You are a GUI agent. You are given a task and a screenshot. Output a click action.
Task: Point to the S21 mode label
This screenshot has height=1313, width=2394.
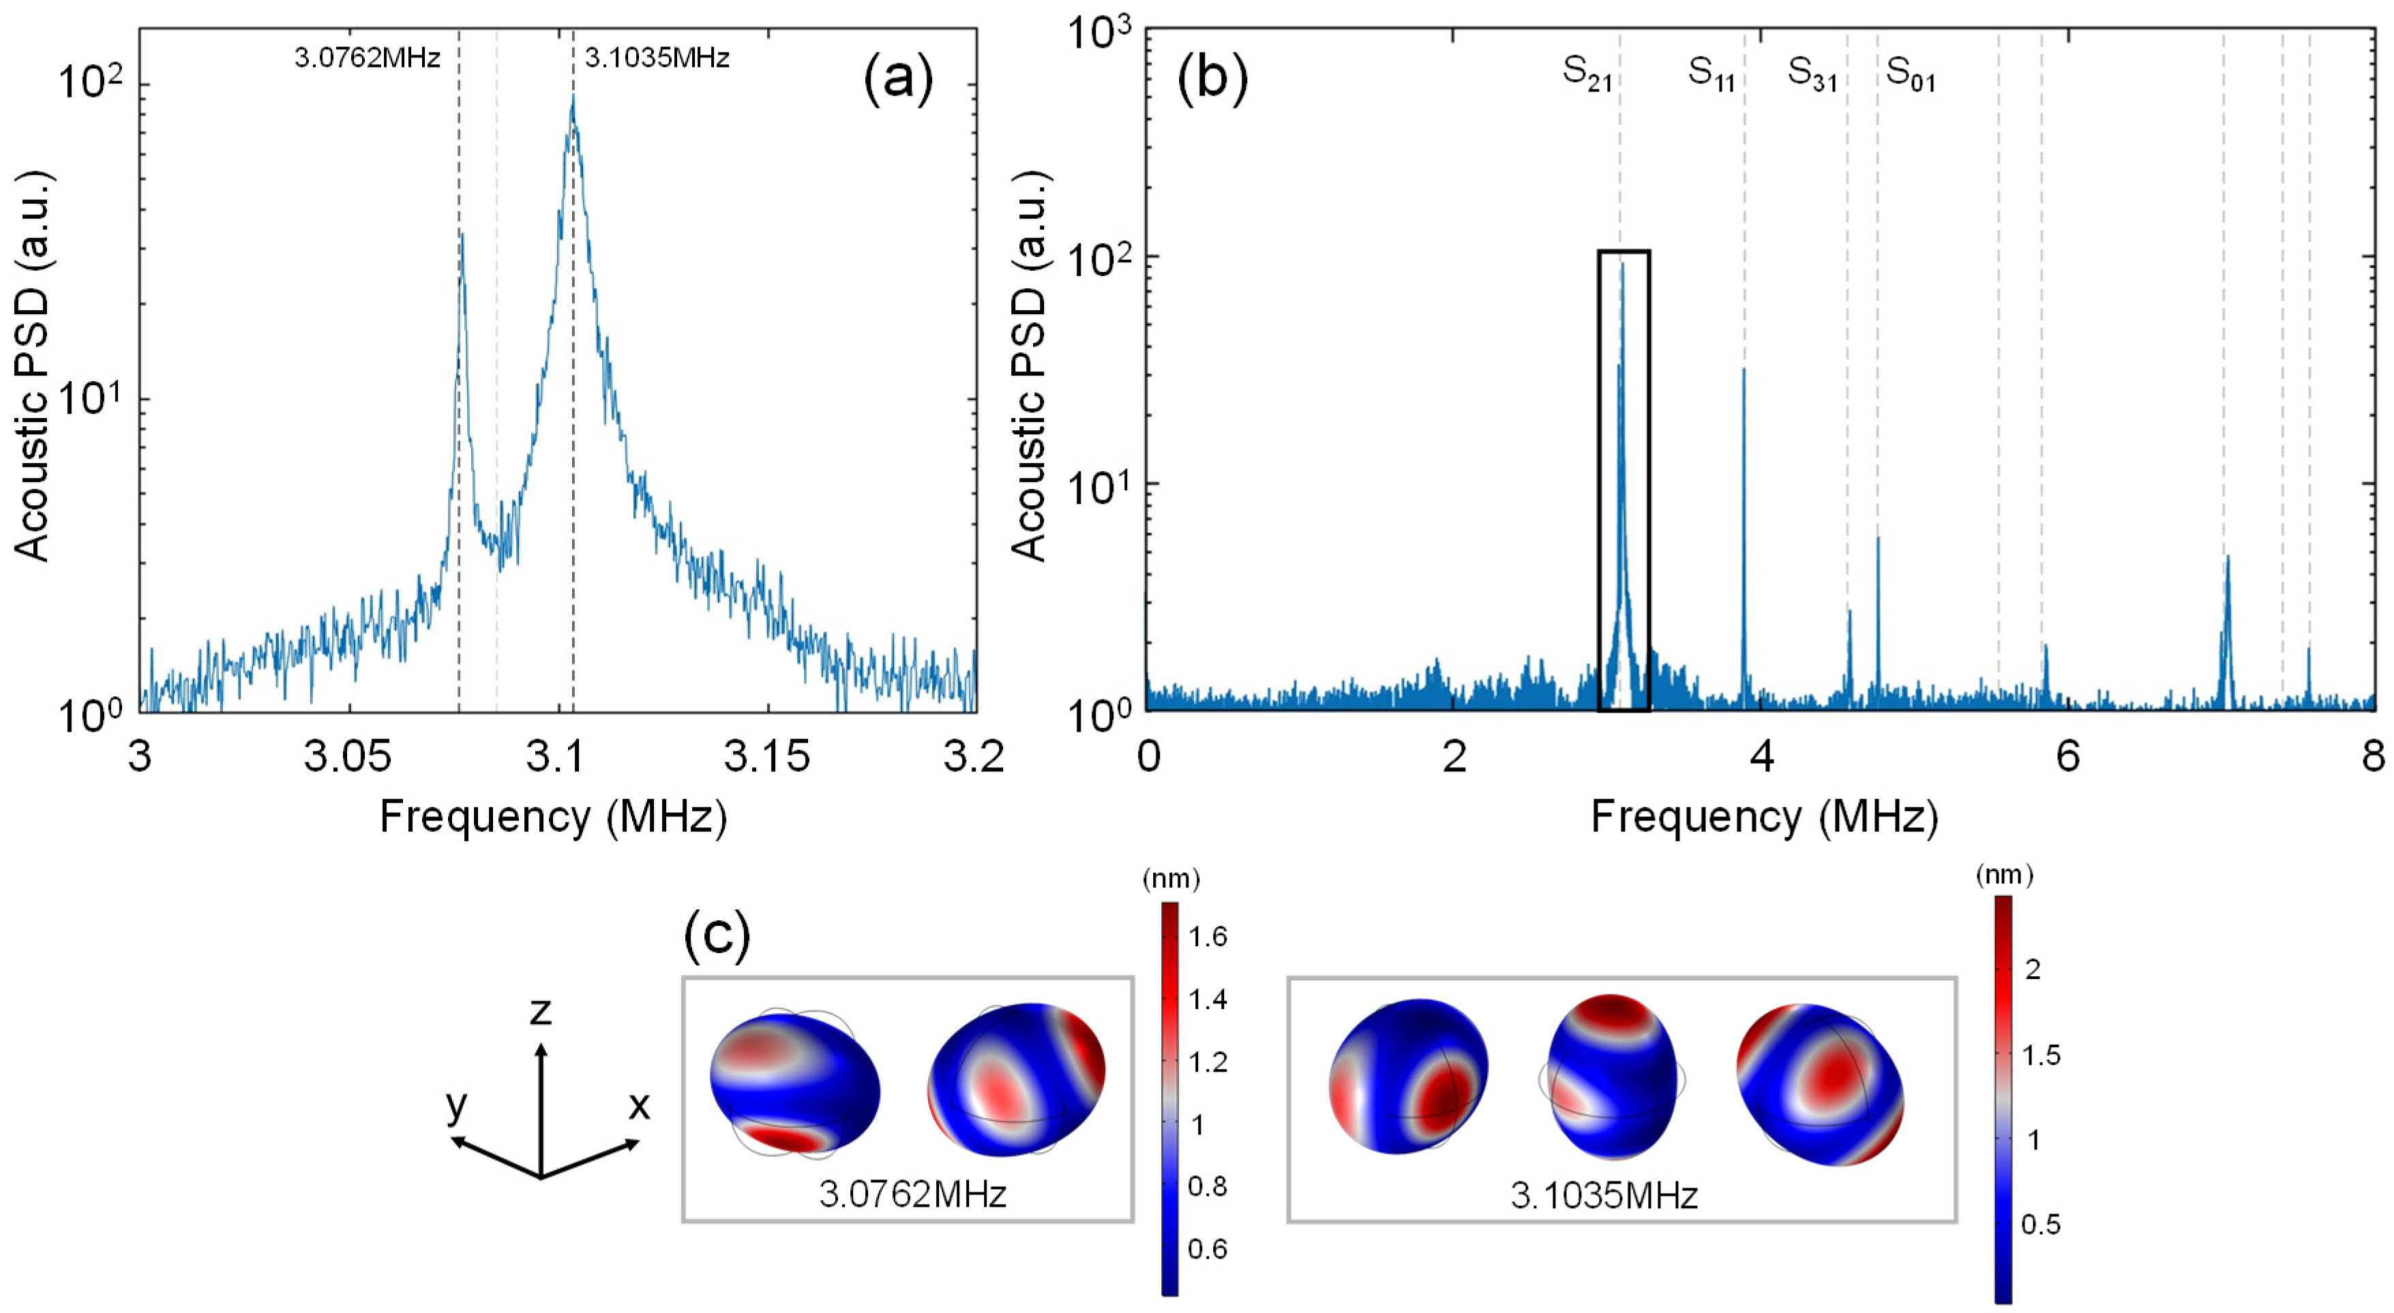1587,74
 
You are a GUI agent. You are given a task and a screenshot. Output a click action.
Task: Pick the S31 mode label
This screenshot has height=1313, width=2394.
1813,74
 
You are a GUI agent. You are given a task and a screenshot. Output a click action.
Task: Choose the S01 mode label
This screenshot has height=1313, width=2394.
1911,74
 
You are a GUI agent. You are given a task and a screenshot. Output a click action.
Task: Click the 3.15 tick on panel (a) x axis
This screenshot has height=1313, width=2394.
768,758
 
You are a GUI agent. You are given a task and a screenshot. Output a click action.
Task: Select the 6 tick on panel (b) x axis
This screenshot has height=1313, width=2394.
2068,758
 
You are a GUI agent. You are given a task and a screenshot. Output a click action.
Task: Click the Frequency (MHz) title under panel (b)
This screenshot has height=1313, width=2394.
1764,817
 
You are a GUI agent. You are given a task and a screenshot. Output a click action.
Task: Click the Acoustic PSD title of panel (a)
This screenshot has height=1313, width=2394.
34,367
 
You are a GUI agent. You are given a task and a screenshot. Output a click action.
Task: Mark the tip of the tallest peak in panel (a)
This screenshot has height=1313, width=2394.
573,95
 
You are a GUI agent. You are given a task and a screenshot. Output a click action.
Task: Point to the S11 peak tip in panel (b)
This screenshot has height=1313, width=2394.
1744,369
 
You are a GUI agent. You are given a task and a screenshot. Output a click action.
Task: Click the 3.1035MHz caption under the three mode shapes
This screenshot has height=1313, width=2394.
1604,1195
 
